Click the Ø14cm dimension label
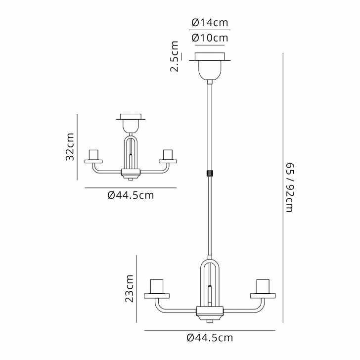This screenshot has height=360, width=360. [210, 22]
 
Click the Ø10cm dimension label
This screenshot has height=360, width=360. [210, 38]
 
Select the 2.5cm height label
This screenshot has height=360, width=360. [174, 57]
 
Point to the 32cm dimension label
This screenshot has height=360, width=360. [70, 147]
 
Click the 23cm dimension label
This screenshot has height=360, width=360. [130, 289]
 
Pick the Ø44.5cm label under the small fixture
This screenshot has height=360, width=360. [131, 195]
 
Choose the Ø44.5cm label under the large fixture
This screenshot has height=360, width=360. [210, 338]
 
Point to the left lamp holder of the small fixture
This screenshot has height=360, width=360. [94, 155]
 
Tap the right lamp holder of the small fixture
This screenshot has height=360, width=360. [168, 155]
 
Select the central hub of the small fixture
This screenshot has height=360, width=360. [131, 174]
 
